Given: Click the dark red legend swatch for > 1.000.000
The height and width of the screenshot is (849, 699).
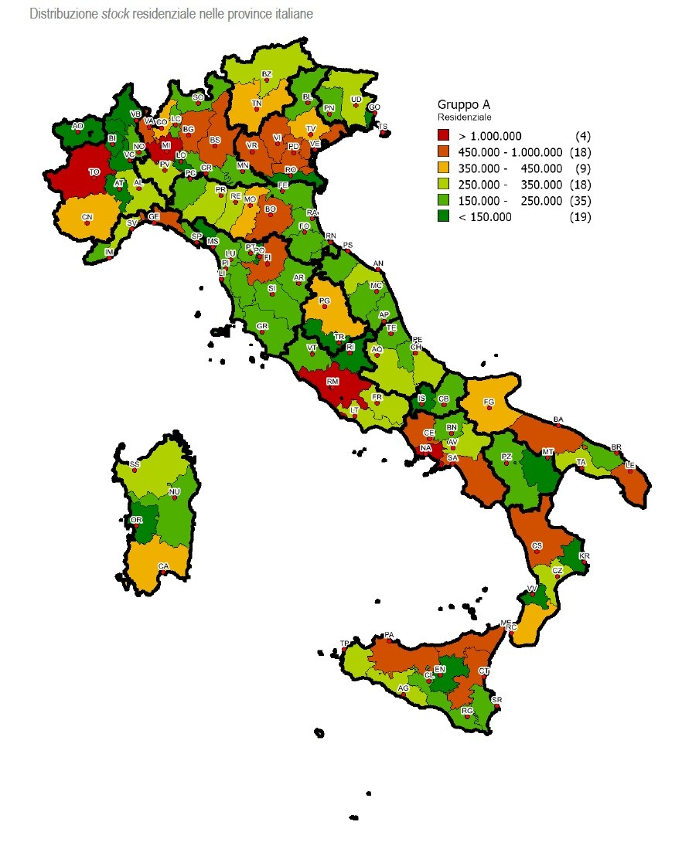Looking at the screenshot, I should coord(443,136).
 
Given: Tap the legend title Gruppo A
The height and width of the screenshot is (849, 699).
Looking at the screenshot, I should coord(464,104).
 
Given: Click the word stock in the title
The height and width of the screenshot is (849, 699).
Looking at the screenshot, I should coord(114,14).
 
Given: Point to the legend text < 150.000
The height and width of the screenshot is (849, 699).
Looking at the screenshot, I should coord(485,217).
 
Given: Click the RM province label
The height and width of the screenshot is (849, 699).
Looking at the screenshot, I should coord(332,381).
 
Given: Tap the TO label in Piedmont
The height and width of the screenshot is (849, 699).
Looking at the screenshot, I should coord(94,171).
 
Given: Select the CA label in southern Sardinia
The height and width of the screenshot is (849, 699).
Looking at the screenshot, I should coord(163,565).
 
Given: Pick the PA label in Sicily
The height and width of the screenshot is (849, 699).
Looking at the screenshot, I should coord(389,635).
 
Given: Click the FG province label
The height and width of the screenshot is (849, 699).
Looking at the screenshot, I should coord(489,402).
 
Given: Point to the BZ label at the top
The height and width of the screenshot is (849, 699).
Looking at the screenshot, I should coord(267,74).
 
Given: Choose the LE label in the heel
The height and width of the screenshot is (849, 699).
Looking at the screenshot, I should coord(630,464).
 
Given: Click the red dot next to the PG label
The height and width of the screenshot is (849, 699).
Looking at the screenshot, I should coord(326,307).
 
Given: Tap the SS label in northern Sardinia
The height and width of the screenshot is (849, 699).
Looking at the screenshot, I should coord(135,464).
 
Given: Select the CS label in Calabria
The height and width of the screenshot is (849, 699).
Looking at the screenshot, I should coord(537,545).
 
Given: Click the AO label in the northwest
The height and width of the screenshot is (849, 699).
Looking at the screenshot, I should coord(77,125).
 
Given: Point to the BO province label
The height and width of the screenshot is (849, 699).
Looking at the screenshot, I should coord(271,209).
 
